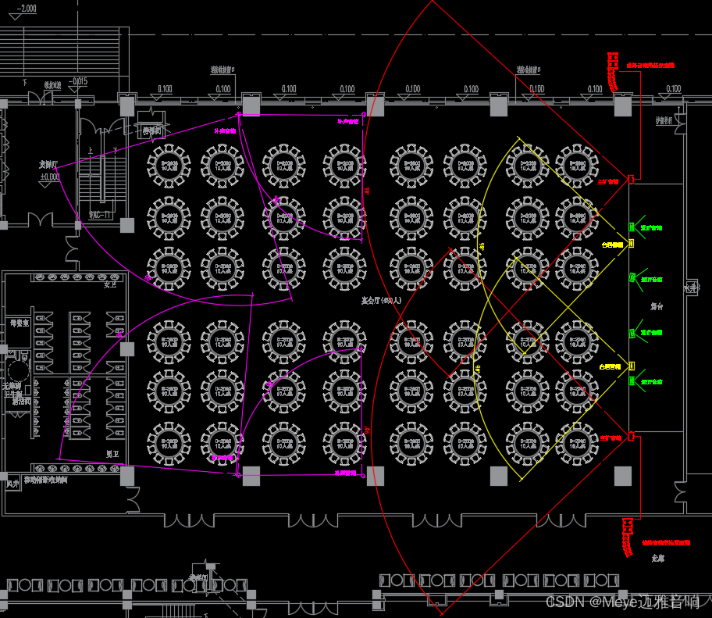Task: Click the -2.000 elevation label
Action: coord(26,9)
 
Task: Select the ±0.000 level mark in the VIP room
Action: coord(49,177)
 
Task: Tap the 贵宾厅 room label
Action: coord(49,165)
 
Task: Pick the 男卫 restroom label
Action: coord(112,454)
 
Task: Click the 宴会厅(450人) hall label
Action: coord(380,300)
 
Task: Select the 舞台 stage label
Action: coord(657,307)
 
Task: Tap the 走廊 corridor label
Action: coord(658,559)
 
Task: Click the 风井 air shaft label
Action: coord(12,484)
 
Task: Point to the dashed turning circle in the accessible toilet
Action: coord(17,367)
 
